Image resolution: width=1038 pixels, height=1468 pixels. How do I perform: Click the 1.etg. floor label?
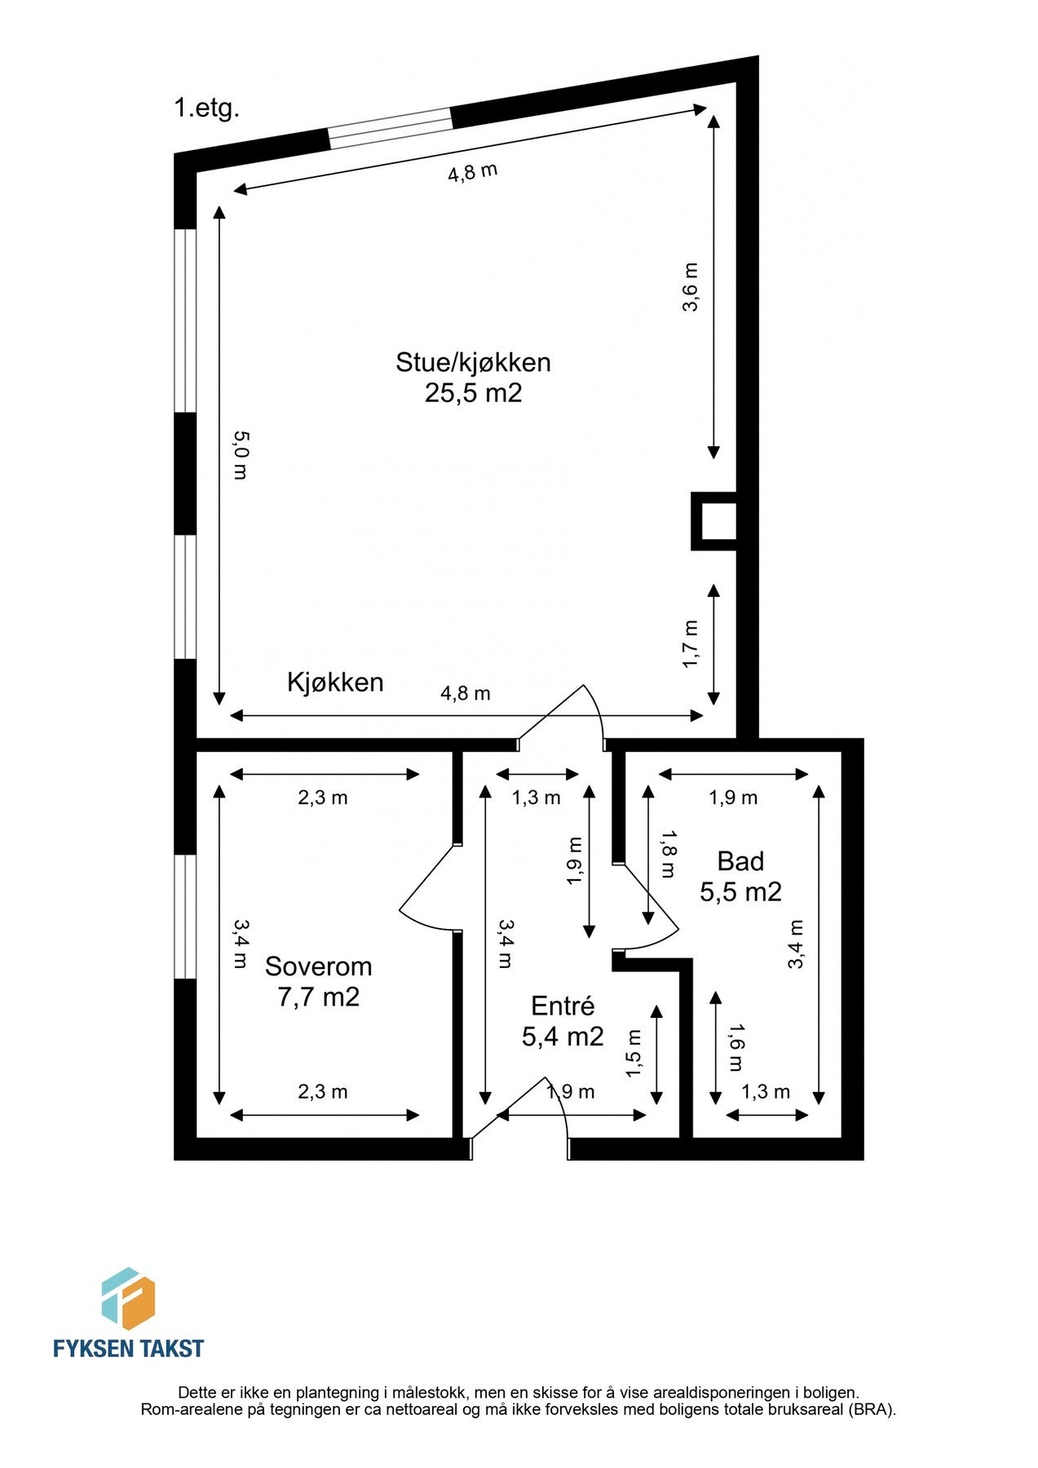coord(206,108)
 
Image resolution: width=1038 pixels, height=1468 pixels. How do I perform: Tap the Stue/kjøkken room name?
coord(473,361)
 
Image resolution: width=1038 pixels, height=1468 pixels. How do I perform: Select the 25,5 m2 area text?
coord(473,393)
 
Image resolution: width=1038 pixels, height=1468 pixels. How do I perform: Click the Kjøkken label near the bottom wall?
coord(335,682)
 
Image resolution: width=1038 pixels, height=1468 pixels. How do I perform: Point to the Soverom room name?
coord(318,966)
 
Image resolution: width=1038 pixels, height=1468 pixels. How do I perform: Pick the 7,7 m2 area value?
coord(318,997)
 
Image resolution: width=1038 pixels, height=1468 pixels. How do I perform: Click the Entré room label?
coord(563,1006)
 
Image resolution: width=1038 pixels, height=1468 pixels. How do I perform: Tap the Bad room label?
coord(740,861)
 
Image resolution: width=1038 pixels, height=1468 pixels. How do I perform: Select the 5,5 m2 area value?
coord(740,891)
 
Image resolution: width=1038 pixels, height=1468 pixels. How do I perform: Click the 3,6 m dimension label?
coord(690,287)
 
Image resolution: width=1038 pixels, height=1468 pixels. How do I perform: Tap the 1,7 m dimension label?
coord(690,643)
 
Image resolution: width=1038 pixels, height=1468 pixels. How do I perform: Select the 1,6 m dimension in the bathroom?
coord(736,1047)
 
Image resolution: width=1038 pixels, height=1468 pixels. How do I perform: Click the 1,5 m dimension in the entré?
coord(634,1053)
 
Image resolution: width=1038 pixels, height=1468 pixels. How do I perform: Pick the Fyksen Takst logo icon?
coord(127,1297)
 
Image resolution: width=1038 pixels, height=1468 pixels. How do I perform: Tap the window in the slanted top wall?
coord(390,128)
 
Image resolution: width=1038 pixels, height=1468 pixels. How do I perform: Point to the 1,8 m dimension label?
coord(668,854)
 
